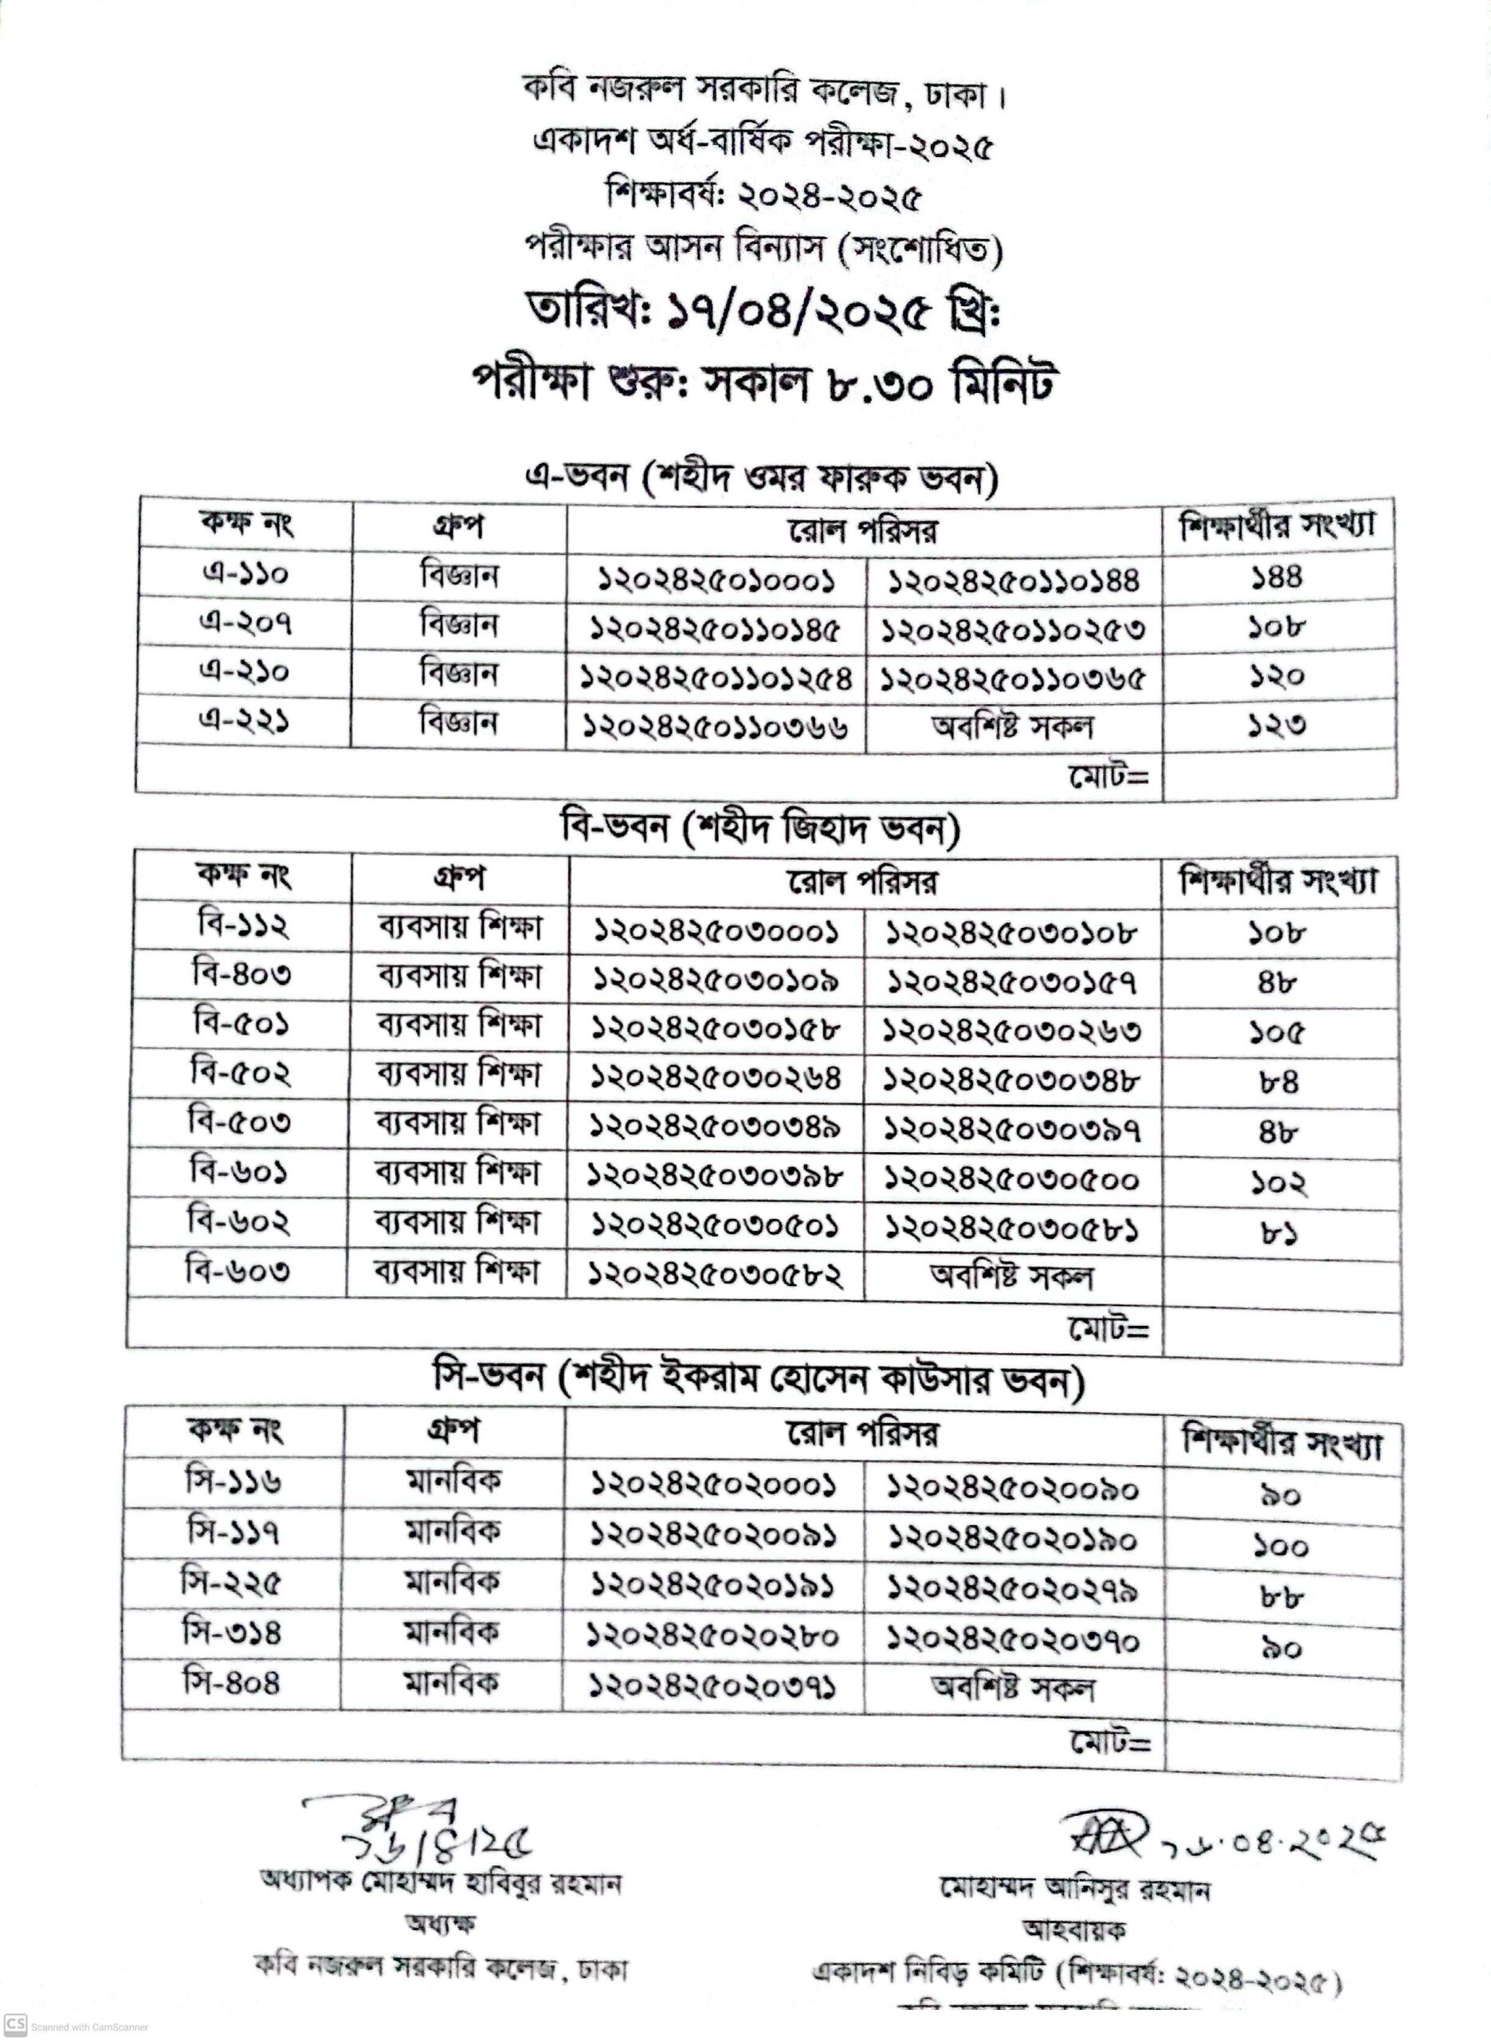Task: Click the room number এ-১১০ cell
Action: coord(245,574)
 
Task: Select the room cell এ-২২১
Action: coord(245,722)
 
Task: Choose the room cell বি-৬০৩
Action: coord(238,1272)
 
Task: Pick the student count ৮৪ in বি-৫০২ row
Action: coord(1279,1081)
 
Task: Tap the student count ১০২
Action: coord(1279,1183)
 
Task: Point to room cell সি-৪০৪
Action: coord(231,1682)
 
